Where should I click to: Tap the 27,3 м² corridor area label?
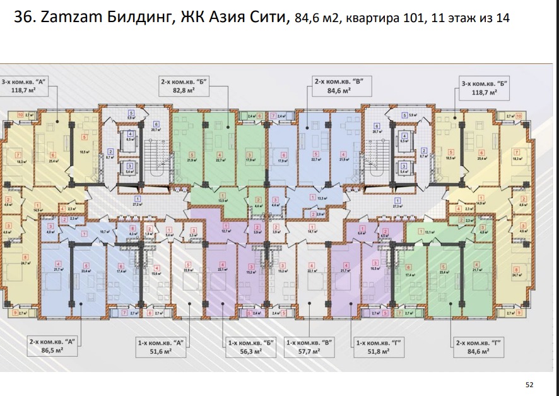(397, 206)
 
